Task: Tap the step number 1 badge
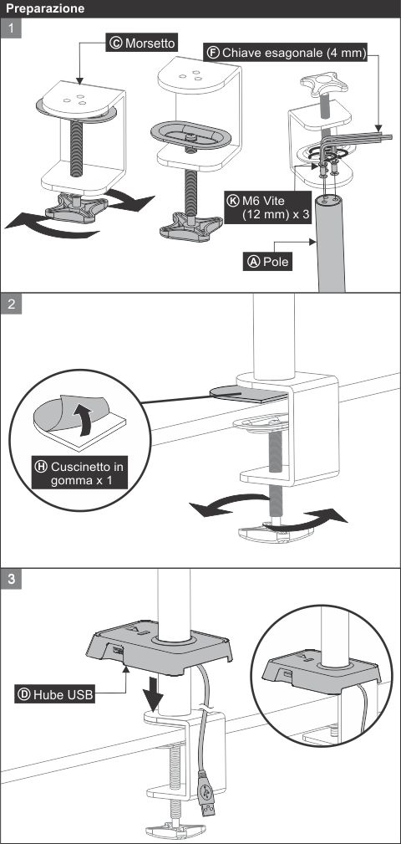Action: [12, 28]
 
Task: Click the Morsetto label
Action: [142, 43]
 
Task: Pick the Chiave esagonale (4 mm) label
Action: [286, 53]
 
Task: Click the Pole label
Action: [267, 262]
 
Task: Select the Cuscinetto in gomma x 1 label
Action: [79, 473]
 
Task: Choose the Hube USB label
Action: [55, 694]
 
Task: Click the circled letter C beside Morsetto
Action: [115, 43]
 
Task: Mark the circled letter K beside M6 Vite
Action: [233, 200]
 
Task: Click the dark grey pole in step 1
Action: [330, 243]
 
